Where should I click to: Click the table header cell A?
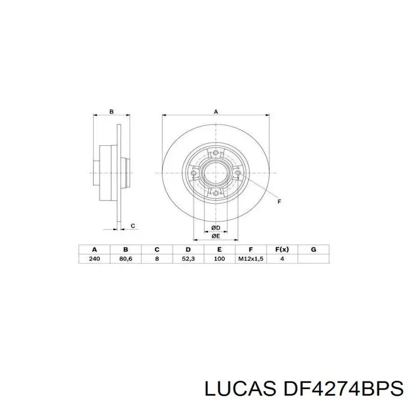coord(94,249)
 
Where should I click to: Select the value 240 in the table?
coord(94,259)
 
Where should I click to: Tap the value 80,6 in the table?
coord(125,259)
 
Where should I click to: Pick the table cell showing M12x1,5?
coord(250,259)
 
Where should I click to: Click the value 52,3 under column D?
coord(188,259)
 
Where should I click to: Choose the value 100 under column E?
coord(219,259)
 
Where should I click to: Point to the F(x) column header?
coord(282,249)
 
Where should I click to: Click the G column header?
coord(314,249)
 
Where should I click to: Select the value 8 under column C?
coord(157,259)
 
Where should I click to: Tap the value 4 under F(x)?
coord(282,259)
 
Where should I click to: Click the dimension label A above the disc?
coord(216,111)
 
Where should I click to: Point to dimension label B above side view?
coord(111,111)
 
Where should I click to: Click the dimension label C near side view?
coord(133,225)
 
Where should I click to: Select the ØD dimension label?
coord(215,227)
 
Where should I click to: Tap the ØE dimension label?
coord(215,236)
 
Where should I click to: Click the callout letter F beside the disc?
coord(279,202)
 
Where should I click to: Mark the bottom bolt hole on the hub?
coord(216,193)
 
